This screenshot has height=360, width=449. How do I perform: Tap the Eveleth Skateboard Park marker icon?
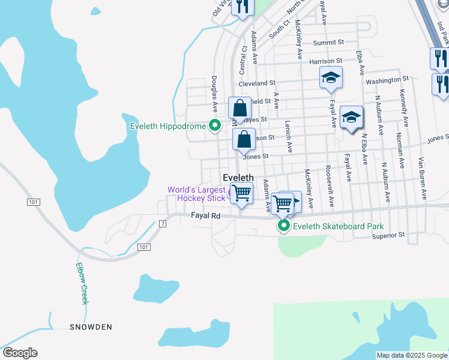[x=283, y=226]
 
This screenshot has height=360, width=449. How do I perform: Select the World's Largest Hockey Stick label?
[x=196, y=194]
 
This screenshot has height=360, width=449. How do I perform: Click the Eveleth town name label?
[x=238, y=178]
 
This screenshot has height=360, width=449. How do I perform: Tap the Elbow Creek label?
[x=82, y=284]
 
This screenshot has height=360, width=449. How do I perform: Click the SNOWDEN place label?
[x=90, y=327]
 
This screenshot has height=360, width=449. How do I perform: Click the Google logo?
[x=20, y=353]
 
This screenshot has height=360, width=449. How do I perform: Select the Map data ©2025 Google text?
[x=411, y=355]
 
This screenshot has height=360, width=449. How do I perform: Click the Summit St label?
[x=328, y=43]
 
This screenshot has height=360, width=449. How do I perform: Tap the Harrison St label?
[x=325, y=61]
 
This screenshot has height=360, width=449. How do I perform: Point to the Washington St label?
[x=387, y=79]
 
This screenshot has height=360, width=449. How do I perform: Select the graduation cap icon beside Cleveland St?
[x=330, y=77]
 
